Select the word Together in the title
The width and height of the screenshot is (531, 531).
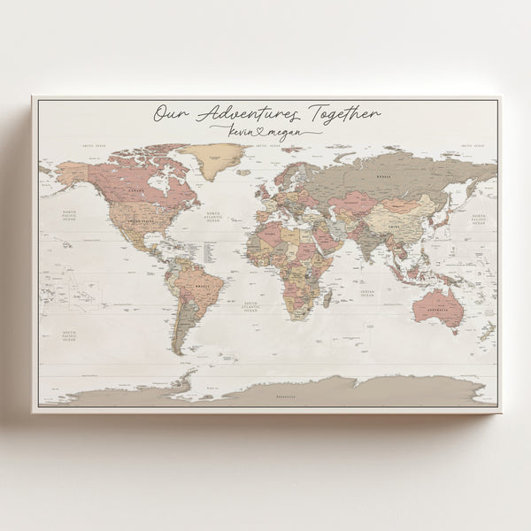click(342, 113)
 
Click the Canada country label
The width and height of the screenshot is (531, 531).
click(136, 189)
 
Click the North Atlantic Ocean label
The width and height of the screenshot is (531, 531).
click(212, 217)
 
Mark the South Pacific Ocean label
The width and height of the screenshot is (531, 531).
click(69, 335)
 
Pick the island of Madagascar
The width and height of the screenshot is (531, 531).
click(327, 299)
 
